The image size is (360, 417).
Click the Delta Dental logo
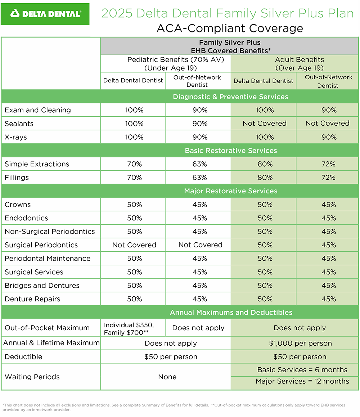pyautogui.click(x=45, y=14)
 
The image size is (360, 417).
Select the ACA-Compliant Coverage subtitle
pyautogui.click(x=230, y=28)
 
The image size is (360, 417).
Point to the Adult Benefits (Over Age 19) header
pyautogui.click(x=299, y=64)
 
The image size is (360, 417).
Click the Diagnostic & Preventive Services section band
pyautogui.click(x=230, y=97)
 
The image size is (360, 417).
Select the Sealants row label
pyautogui.click(x=19, y=124)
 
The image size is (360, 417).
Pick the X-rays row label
pyautogui.click(x=16, y=137)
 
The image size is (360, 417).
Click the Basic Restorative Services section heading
pyautogui.click(x=231, y=151)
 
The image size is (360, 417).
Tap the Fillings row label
pyautogui.click(x=17, y=178)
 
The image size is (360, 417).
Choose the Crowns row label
pyautogui.click(x=18, y=205)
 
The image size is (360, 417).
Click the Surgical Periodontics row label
pyautogui.click(x=41, y=245)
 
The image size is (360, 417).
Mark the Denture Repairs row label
pyautogui.click(x=32, y=299)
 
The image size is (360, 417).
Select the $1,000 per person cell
pyautogui.click(x=300, y=343)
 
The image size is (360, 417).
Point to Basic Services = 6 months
pyautogui.click(x=302, y=370)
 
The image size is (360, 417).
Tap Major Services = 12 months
pyautogui.click(x=302, y=381)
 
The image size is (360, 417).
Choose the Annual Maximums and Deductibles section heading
pyautogui.click(x=231, y=312)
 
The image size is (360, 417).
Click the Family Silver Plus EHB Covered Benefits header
pyautogui.click(x=230, y=47)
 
